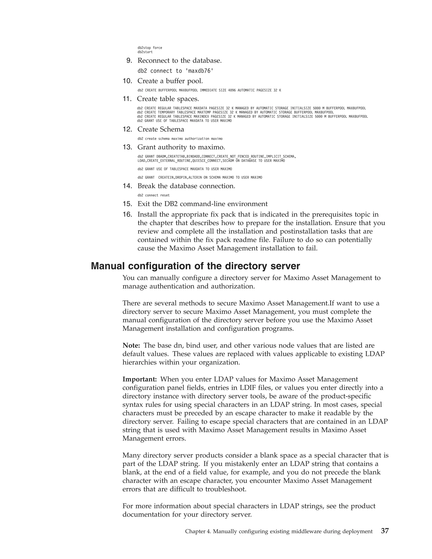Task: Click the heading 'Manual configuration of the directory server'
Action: (195, 266)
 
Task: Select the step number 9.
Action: (129, 61)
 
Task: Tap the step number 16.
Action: (127, 215)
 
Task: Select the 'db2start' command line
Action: (145, 52)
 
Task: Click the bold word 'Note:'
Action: (131, 346)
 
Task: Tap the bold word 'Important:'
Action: (139, 379)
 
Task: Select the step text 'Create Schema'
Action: (161, 129)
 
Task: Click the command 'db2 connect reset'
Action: (154, 195)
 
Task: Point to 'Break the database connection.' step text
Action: (186, 186)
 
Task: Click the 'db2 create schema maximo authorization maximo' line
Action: (180, 139)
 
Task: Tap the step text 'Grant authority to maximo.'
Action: (181, 147)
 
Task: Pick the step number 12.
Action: (127, 129)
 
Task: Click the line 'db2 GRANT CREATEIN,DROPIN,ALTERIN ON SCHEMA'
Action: (200, 177)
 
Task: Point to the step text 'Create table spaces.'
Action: (168, 99)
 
